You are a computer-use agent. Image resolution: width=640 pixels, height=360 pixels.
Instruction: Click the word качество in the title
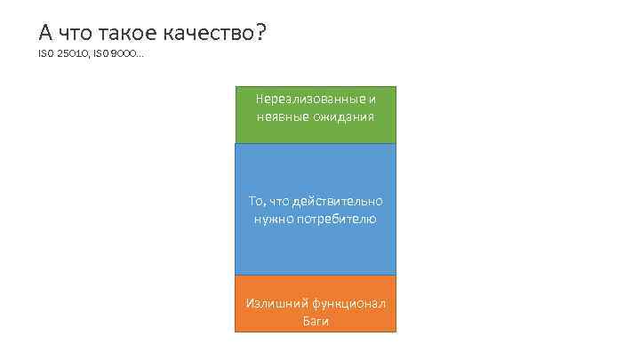(x=210, y=34)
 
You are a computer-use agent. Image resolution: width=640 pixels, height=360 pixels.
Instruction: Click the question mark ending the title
(x=260, y=34)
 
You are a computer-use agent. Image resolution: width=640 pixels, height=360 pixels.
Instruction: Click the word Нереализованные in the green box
(x=309, y=99)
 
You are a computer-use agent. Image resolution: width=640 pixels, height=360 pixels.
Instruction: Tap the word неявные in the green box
(x=280, y=116)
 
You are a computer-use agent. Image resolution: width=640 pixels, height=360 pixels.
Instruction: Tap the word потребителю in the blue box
(x=338, y=219)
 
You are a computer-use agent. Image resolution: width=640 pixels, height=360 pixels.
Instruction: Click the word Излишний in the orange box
(x=271, y=304)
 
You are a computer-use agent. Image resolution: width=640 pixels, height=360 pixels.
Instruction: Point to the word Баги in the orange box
(x=316, y=321)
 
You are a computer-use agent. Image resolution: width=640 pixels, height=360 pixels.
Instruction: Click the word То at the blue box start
(x=256, y=202)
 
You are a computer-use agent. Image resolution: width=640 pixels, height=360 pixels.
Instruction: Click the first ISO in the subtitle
(x=45, y=56)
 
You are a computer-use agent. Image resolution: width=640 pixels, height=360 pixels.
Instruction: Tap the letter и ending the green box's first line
(x=372, y=99)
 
